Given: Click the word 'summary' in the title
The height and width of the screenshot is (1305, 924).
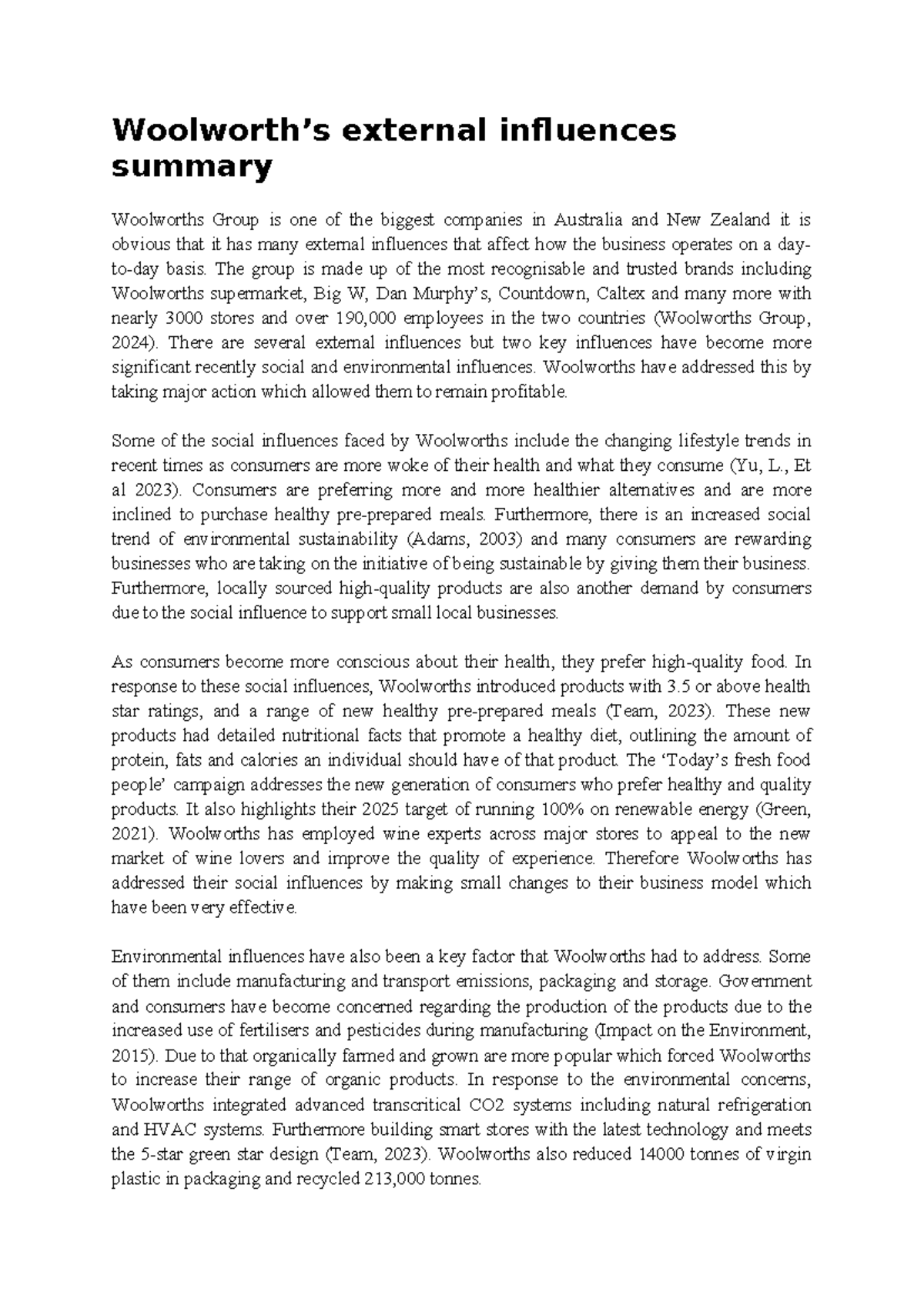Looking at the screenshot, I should click(x=192, y=166).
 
